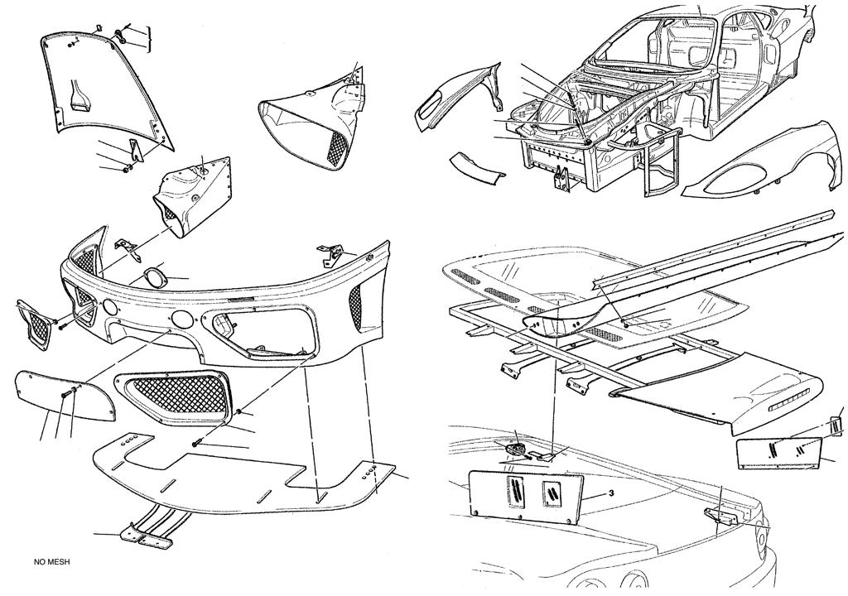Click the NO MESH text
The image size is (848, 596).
(x=52, y=562)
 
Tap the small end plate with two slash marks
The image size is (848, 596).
(x=778, y=452)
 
